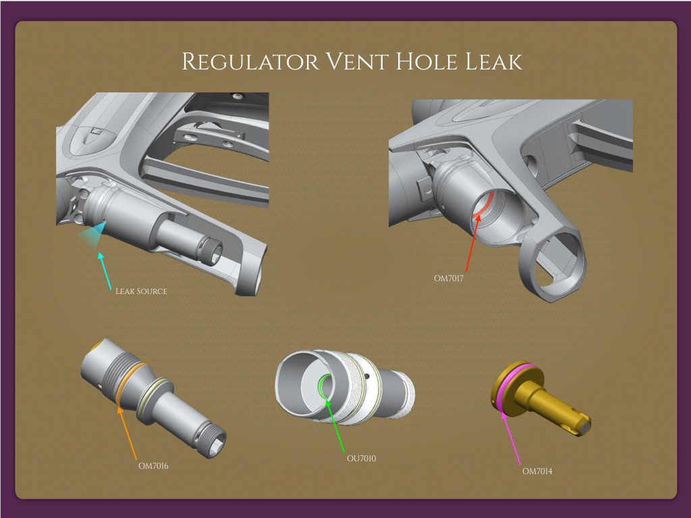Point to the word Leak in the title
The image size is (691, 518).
(494, 62)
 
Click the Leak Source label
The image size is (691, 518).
(141, 291)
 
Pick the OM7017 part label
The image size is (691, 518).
(449, 277)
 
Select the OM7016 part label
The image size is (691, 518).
(153, 465)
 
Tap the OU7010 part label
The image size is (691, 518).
(361, 459)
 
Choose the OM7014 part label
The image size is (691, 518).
(537, 471)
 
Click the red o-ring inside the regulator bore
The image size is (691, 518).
(483, 203)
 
